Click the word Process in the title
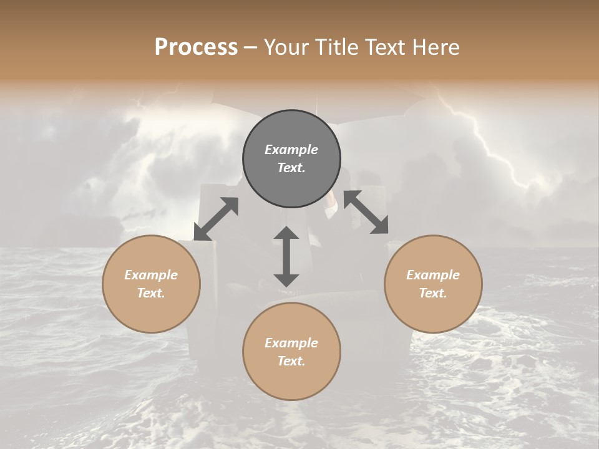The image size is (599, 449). (x=196, y=47)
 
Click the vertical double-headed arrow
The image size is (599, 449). (x=286, y=256)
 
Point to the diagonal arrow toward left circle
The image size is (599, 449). (x=216, y=219)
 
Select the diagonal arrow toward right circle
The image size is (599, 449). (x=366, y=213)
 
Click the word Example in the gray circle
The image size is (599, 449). (x=291, y=150)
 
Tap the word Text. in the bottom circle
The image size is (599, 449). (x=291, y=361)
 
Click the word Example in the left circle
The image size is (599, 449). (x=151, y=275)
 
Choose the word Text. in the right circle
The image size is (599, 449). (x=433, y=293)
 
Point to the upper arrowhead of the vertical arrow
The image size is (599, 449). (x=286, y=234)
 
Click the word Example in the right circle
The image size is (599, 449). (x=433, y=275)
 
